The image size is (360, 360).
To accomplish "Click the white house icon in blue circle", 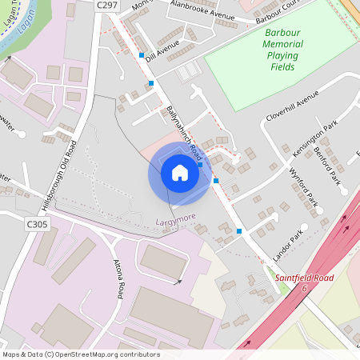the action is click(180, 173).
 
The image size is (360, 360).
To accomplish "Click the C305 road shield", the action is click(37, 226).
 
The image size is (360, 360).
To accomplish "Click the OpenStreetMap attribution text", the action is click(80, 354).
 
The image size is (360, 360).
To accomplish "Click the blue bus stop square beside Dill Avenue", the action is click(142, 55).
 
